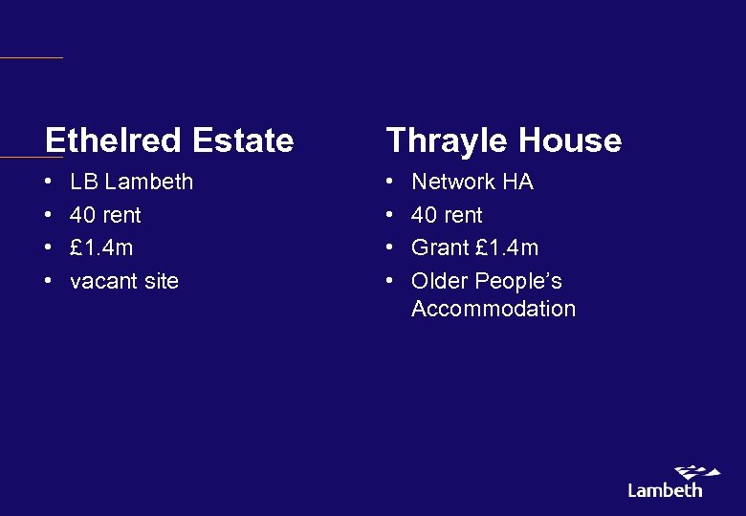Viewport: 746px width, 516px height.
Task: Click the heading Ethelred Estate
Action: (x=169, y=140)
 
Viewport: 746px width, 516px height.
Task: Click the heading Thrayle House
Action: (x=503, y=140)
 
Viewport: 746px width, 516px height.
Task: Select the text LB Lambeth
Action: (x=131, y=182)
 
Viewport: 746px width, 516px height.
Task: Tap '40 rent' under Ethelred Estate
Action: (x=105, y=215)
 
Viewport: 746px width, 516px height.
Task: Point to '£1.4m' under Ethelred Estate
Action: (x=101, y=247)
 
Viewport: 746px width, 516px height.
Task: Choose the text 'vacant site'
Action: (x=124, y=281)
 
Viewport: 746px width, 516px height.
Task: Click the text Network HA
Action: (x=472, y=182)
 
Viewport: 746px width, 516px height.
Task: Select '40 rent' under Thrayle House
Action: (x=447, y=215)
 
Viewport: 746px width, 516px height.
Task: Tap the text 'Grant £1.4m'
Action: (x=474, y=247)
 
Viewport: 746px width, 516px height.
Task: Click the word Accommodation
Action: (x=494, y=309)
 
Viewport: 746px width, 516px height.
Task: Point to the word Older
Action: (x=440, y=281)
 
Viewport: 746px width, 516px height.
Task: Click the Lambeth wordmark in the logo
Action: (x=665, y=490)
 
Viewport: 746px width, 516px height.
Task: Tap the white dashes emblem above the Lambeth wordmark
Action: (x=697, y=472)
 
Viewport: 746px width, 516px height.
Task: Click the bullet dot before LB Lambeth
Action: (x=49, y=182)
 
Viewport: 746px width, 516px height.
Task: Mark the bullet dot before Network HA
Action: (x=390, y=182)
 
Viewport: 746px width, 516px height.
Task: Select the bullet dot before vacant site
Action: (x=49, y=281)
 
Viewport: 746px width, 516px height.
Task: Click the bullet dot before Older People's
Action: (x=390, y=281)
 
